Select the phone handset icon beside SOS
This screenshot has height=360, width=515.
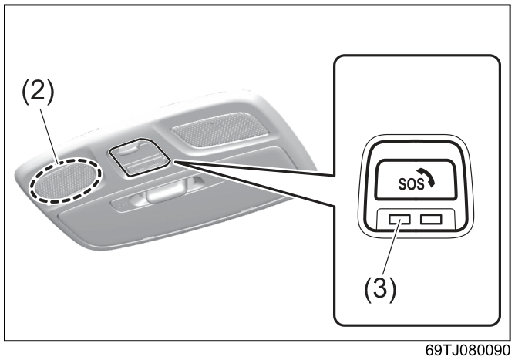(x=429, y=179)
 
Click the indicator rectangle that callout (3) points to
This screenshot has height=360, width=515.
(x=399, y=219)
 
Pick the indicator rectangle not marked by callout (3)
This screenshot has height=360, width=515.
(x=431, y=219)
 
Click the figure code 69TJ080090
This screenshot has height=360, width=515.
(x=468, y=350)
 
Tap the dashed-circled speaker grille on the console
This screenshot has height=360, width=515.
(x=66, y=181)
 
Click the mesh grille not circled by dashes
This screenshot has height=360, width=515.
(x=220, y=130)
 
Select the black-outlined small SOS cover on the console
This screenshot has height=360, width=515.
(x=140, y=157)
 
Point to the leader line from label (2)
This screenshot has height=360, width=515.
(x=49, y=136)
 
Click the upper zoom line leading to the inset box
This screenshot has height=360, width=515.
(x=254, y=168)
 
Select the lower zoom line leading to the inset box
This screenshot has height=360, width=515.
(x=254, y=184)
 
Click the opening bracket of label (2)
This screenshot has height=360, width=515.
(x=25, y=93)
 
